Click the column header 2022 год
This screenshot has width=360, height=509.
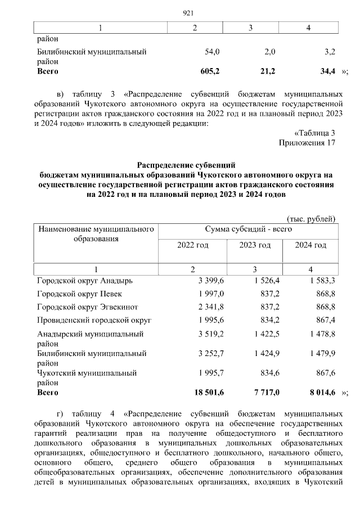(x=193, y=245)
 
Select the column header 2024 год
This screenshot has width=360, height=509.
(x=311, y=245)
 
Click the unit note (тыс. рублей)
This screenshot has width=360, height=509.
(x=311, y=218)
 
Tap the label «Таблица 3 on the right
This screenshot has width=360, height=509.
(x=315, y=133)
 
